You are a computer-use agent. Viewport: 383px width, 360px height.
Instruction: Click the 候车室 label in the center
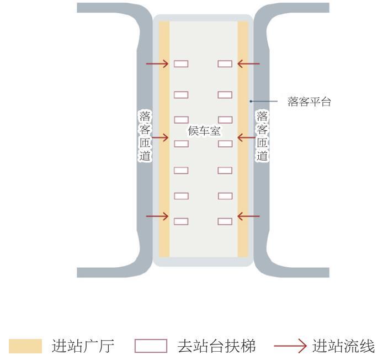(x=204, y=131)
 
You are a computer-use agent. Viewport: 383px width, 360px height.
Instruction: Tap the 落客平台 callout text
(x=309, y=102)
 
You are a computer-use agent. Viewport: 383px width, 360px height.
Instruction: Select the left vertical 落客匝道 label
(x=145, y=136)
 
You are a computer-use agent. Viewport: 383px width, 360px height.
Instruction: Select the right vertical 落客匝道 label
(x=262, y=136)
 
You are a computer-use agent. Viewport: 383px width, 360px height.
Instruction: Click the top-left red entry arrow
(x=157, y=64)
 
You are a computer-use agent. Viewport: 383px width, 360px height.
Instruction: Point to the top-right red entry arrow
(x=248, y=64)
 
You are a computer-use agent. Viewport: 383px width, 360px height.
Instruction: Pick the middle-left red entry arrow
(x=160, y=137)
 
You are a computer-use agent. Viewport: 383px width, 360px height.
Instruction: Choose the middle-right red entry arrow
(x=247, y=137)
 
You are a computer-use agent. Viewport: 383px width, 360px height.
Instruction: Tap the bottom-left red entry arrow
(x=157, y=216)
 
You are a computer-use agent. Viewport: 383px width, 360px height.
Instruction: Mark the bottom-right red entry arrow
(x=248, y=216)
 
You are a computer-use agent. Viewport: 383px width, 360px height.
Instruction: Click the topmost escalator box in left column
(x=181, y=64)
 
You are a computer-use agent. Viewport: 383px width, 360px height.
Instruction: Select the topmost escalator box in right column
(x=225, y=64)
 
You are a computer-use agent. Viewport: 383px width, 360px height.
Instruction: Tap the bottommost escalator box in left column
(x=181, y=221)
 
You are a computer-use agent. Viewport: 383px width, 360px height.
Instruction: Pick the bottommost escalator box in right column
(x=225, y=221)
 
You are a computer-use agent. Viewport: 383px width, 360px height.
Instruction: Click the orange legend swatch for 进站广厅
(x=25, y=346)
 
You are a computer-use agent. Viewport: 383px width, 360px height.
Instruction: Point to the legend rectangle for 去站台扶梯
(x=151, y=346)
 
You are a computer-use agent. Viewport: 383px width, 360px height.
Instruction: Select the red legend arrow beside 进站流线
(x=290, y=346)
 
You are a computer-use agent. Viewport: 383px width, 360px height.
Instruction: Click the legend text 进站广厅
(x=83, y=346)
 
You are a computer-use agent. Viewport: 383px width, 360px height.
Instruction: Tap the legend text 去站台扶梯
(x=216, y=346)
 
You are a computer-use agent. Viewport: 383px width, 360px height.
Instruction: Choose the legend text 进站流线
(x=343, y=346)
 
